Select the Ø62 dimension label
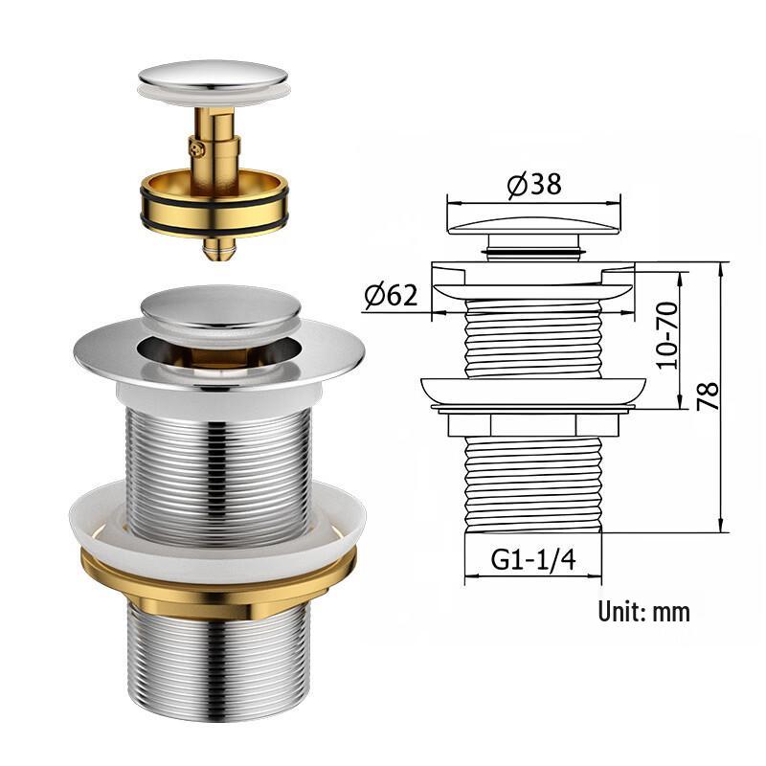pos(390,296)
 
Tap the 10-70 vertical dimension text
pos(666,335)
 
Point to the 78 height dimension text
pos(708,395)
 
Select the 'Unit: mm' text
pos(643,611)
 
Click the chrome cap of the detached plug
pos(213,78)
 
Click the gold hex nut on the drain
pos(216,587)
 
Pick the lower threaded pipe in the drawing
pos(533,484)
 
